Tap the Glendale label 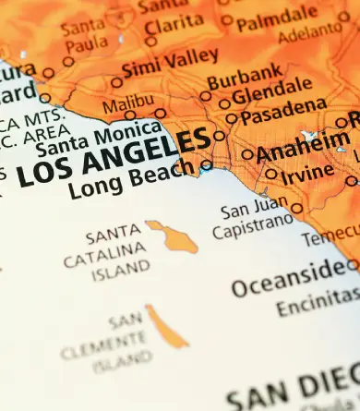272,95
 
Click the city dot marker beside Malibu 160,114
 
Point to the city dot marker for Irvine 270,173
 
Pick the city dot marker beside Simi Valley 116,82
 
